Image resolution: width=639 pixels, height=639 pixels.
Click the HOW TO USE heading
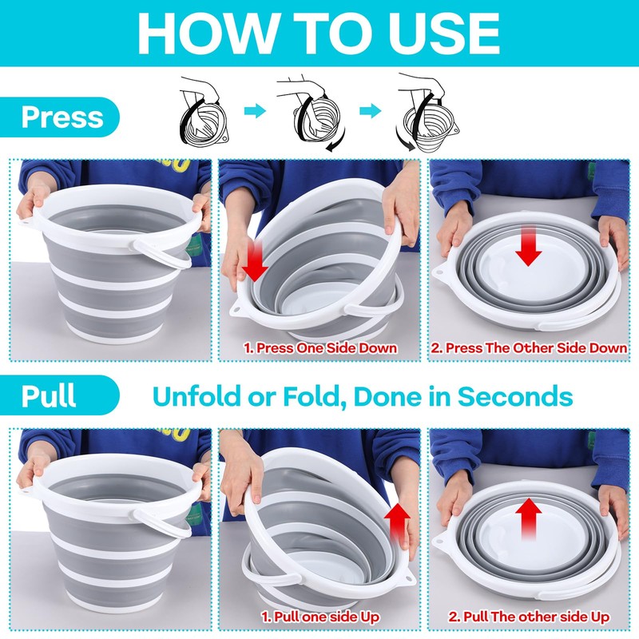tap(319, 33)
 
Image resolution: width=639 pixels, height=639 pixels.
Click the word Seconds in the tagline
tap(515, 395)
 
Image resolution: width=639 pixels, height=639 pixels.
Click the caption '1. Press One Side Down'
tap(320, 348)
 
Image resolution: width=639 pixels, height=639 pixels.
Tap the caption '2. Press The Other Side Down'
tap(529, 348)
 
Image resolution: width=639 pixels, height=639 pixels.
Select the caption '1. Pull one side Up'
tap(320, 617)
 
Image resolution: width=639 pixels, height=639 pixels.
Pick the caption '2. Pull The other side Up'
tap(529, 617)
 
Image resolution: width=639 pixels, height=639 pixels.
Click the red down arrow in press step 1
tap(254, 262)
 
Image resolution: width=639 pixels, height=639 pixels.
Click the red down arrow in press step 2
tap(528, 246)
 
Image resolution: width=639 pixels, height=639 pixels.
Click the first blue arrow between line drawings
tap(255, 110)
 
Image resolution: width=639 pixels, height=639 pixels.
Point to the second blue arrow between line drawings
tap(371, 110)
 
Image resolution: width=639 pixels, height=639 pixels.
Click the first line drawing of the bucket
tap(204, 111)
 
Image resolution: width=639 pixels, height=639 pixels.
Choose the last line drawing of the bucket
tap(428, 112)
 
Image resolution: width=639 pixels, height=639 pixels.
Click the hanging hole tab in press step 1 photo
tap(238, 308)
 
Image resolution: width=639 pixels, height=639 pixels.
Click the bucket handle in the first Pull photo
tap(163, 525)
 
